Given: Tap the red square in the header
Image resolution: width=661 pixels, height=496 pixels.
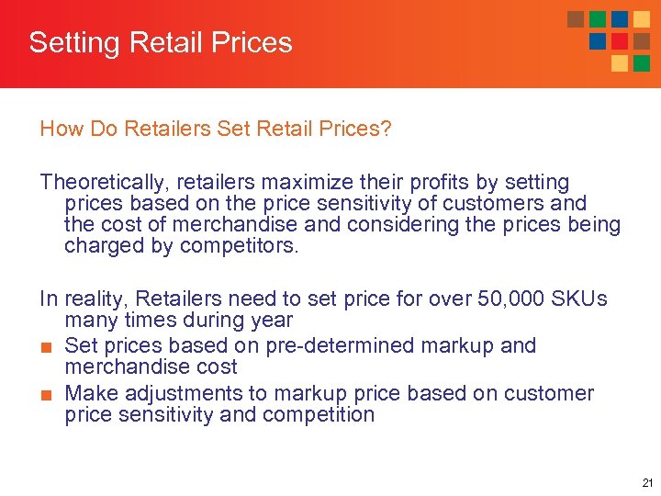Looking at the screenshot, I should [x=620, y=41].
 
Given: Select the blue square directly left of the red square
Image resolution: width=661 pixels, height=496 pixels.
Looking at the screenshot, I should [x=598, y=41].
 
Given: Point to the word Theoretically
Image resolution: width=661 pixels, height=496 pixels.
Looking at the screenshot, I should [x=96, y=183].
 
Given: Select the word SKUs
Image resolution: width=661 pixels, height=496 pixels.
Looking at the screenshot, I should [x=579, y=299].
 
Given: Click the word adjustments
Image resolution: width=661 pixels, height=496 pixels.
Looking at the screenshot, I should [x=182, y=394].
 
